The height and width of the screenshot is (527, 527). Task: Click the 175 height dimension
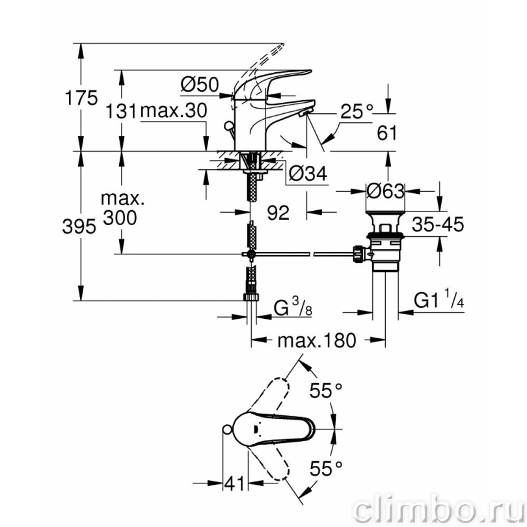[x=81, y=98]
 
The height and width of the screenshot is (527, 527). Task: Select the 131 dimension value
[x=121, y=111]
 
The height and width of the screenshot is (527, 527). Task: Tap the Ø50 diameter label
[x=200, y=85]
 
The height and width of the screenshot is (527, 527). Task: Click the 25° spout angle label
[x=357, y=111]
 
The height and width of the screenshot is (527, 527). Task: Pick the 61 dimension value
[x=387, y=133]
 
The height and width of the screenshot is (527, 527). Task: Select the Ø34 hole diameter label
[x=308, y=174]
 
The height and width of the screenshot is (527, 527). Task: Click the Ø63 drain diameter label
[x=385, y=191]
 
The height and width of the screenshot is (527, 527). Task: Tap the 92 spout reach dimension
[x=278, y=212]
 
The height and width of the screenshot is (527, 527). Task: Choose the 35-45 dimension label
[x=438, y=224]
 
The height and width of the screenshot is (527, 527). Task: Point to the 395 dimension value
[x=79, y=226]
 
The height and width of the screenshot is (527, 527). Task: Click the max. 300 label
[x=121, y=208]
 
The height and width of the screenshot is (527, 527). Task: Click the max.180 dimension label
[x=317, y=340]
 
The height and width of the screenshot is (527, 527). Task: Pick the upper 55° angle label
[x=326, y=390]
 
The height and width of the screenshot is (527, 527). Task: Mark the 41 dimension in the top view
[x=235, y=484]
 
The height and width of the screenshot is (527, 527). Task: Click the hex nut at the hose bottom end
[x=251, y=297]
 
